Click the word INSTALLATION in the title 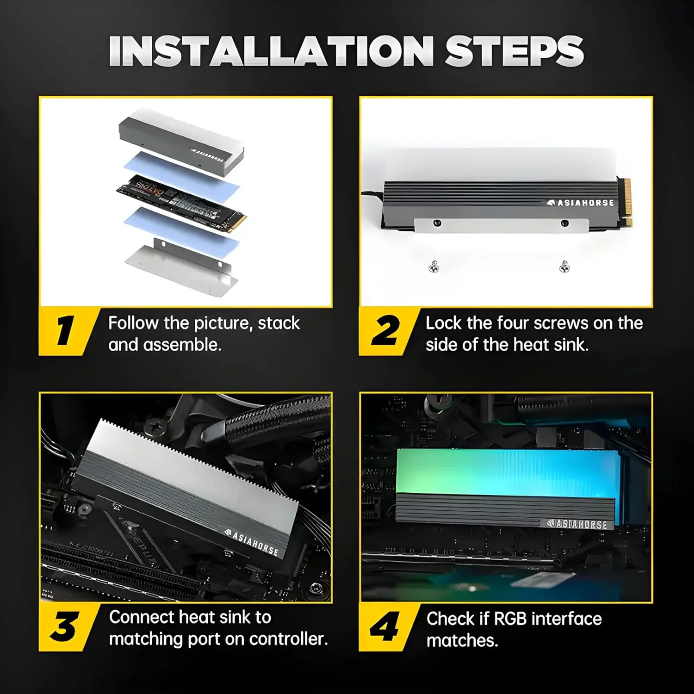point(271,50)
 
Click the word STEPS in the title point(514,50)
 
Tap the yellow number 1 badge point(68,331)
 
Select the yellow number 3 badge point(68,627)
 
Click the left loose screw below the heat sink point(434,266)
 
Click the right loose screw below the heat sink point(564,266)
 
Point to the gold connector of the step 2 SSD point(625,202)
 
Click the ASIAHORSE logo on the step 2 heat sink point(580,203)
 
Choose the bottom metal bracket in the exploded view point(181,267)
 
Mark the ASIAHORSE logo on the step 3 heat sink point(252,542)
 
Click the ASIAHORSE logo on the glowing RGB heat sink point(576,524)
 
